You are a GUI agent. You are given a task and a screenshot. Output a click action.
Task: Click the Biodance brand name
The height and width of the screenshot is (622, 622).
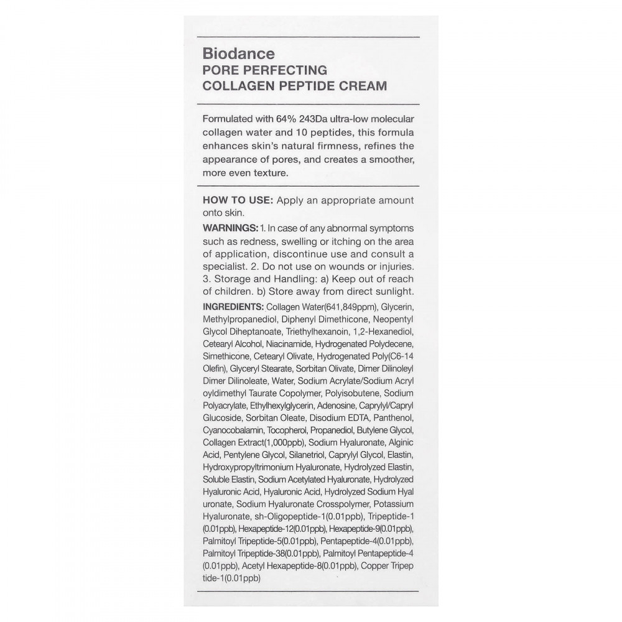coord(234,54)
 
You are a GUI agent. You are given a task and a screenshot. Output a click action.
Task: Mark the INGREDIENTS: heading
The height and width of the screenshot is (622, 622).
coord(233,307)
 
